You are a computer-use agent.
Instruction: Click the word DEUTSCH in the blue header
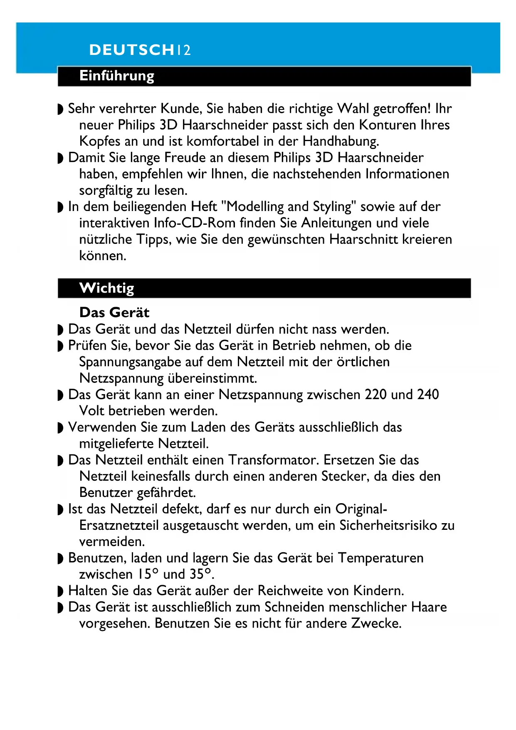coord(131,50)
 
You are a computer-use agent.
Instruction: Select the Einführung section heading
coord(117,76)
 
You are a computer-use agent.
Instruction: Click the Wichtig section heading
coord(107,288)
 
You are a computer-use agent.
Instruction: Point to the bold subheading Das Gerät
coord(114,313)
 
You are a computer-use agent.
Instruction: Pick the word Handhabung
coord(341,142)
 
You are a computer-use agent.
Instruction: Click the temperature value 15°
coord(148,574)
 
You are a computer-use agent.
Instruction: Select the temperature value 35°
coord(200,574)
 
